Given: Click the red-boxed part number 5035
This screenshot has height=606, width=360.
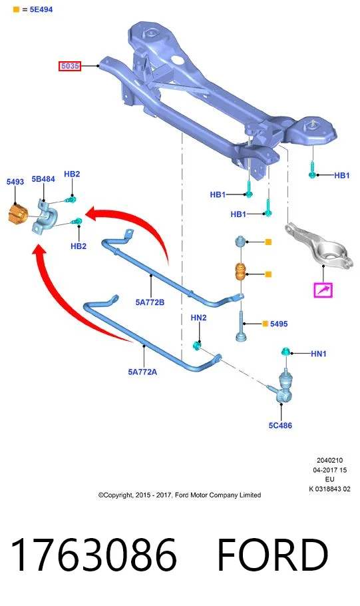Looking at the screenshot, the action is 70,66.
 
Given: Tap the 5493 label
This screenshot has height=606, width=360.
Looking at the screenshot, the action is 15,182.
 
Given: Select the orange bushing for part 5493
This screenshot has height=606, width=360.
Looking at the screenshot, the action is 18,214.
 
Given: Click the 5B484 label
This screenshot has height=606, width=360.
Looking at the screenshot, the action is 43,179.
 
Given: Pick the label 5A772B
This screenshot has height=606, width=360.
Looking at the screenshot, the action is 150,302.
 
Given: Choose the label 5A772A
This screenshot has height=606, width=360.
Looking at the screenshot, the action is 142,372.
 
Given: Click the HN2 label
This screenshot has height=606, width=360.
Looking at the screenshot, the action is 198,318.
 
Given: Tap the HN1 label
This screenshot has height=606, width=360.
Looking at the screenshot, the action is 319,354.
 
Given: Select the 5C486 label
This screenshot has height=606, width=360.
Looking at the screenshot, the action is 280,426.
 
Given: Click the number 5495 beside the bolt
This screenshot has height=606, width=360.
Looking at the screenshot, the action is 279,324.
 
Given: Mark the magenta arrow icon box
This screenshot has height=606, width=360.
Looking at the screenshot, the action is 323,290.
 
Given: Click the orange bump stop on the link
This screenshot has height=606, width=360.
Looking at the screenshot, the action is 242,272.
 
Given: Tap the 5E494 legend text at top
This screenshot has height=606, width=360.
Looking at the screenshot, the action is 41,9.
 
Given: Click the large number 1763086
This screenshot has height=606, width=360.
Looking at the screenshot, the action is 93,555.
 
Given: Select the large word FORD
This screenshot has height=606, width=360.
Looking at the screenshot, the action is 272,555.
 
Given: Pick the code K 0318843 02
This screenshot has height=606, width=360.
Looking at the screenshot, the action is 329,489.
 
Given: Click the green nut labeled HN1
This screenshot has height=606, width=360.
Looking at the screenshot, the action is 286,352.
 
